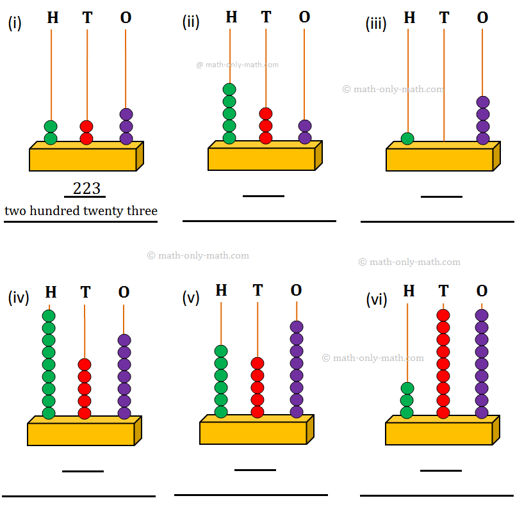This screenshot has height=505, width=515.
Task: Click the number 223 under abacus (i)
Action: tap(86, 189)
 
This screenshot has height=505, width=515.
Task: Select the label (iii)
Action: tap(376, 24)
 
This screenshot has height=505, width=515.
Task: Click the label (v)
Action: tap(191, 298)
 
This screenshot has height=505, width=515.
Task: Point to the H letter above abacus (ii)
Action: tap(231, 17)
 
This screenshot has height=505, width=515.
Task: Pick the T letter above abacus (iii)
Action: tap(444, 18)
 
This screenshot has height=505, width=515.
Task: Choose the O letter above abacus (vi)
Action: tap(482, 292)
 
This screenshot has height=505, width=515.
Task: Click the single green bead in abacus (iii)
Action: tap(407, 138)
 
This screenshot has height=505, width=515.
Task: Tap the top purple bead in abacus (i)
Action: tap(126, 114)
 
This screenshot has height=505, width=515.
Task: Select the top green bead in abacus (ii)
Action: tap(229, 90)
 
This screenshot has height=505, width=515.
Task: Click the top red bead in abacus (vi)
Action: tap(443, 315)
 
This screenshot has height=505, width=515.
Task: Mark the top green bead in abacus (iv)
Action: tap(49, 316)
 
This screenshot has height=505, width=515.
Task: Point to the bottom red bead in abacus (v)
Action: tap(257, 412)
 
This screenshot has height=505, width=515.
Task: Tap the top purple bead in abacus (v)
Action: tap(296, 326)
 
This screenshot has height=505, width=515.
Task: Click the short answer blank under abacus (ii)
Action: tap(263, 196)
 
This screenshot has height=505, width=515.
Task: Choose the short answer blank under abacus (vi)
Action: tap(441, 470)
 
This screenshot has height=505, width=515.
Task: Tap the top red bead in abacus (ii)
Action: tap(266, 114)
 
